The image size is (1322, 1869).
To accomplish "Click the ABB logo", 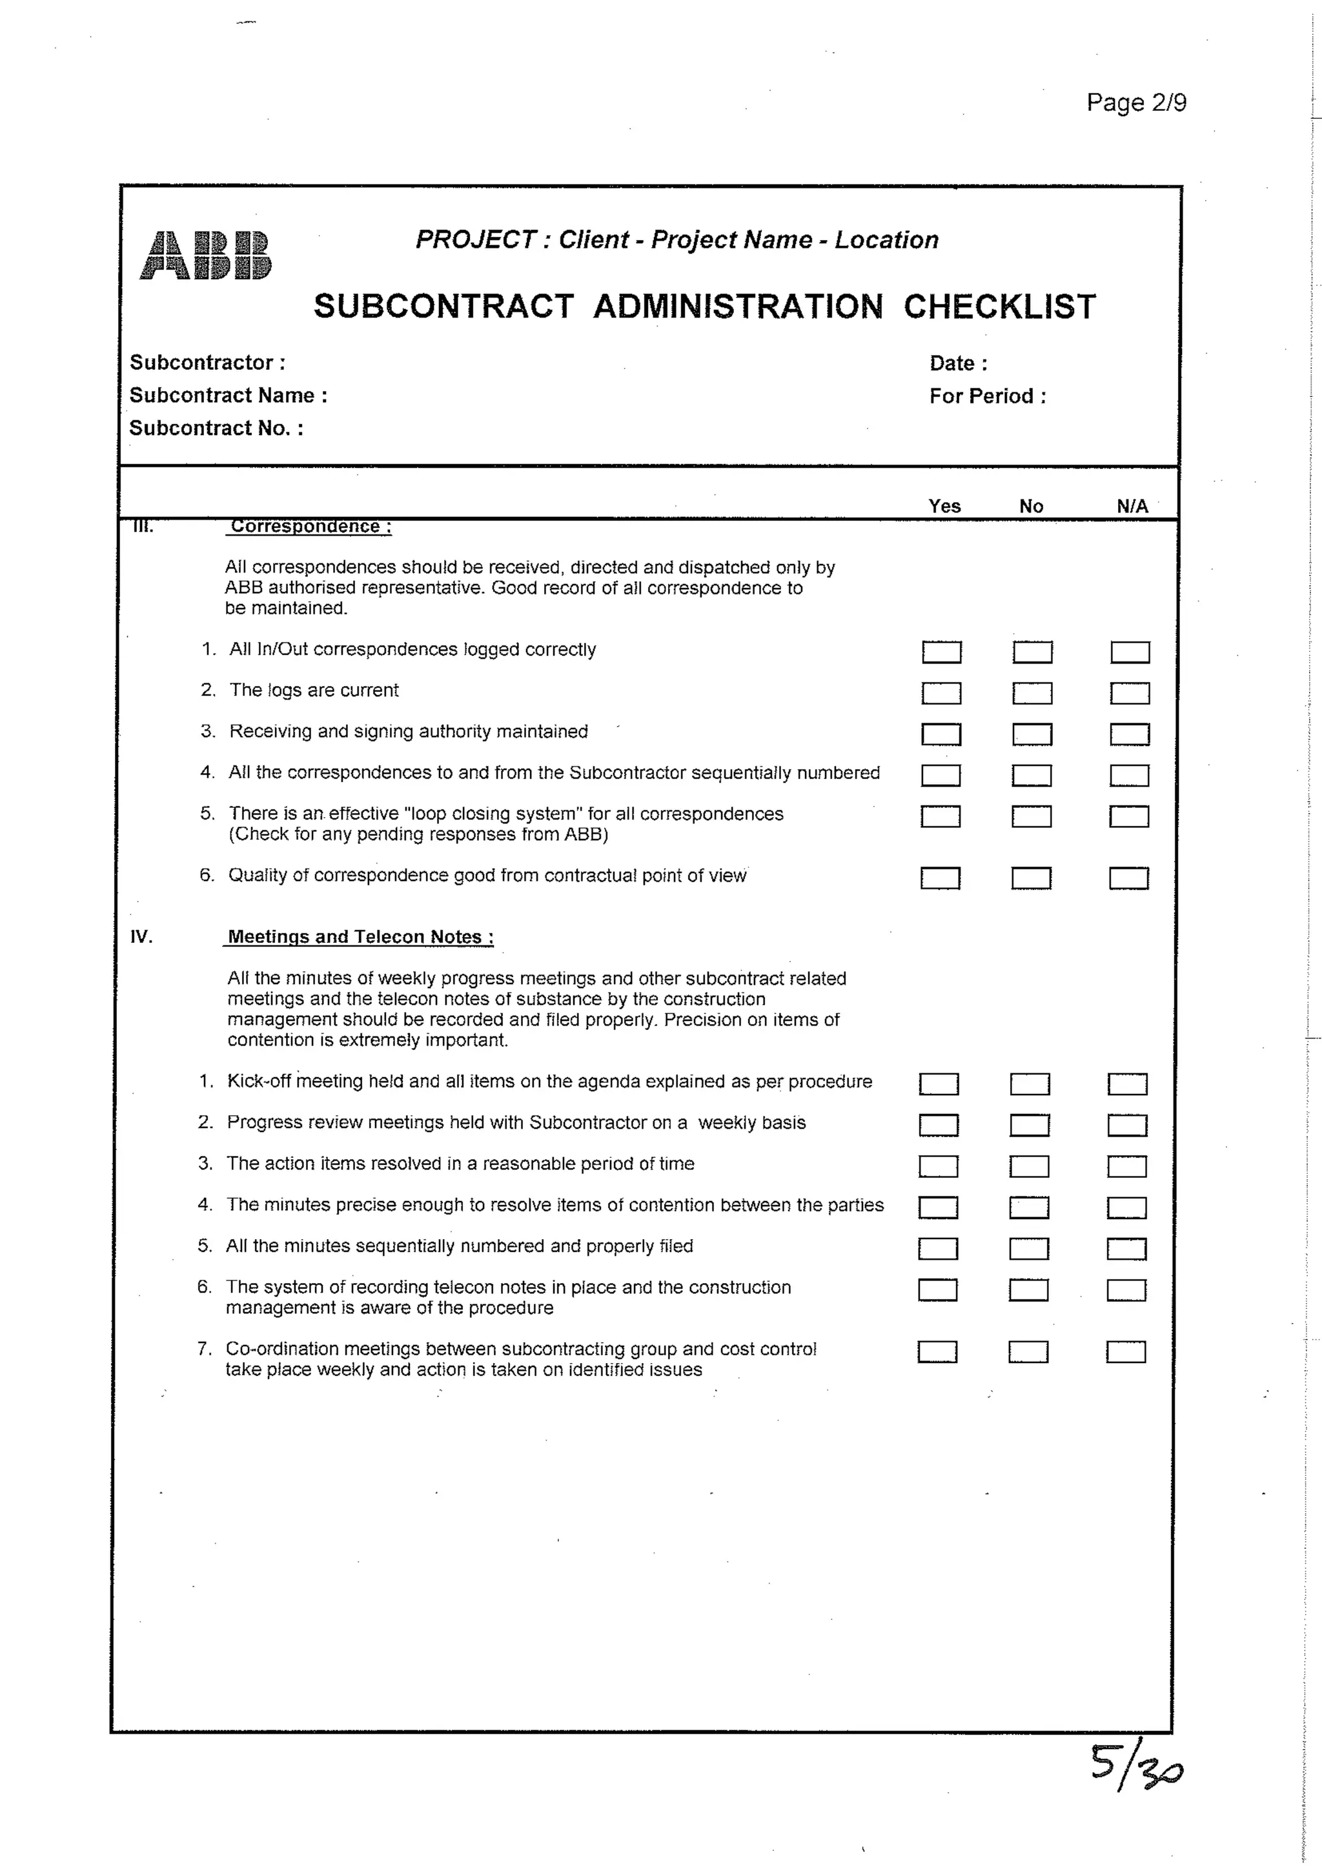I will (205, 256).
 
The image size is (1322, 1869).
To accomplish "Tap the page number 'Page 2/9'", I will (1135, 103).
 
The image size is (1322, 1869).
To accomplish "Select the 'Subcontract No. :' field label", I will (216, 428).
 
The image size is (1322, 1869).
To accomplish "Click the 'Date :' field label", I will (958, 363).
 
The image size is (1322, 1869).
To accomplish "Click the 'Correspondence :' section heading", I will (310, 527).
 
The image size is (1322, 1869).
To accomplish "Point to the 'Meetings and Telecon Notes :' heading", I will (360, 937).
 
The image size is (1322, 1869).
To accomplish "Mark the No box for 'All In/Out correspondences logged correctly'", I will (1032, 652).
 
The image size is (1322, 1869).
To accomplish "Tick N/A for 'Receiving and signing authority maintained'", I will (1130, 734).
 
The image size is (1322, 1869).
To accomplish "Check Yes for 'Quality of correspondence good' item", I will (941, 878).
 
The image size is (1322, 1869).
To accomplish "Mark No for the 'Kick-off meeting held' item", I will (1030, 1084).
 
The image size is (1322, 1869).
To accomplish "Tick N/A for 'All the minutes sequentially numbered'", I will (1126, 1249).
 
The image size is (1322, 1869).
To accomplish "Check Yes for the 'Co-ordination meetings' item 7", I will (937, 1352).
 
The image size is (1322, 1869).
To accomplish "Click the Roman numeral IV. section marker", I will (141, 937).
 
